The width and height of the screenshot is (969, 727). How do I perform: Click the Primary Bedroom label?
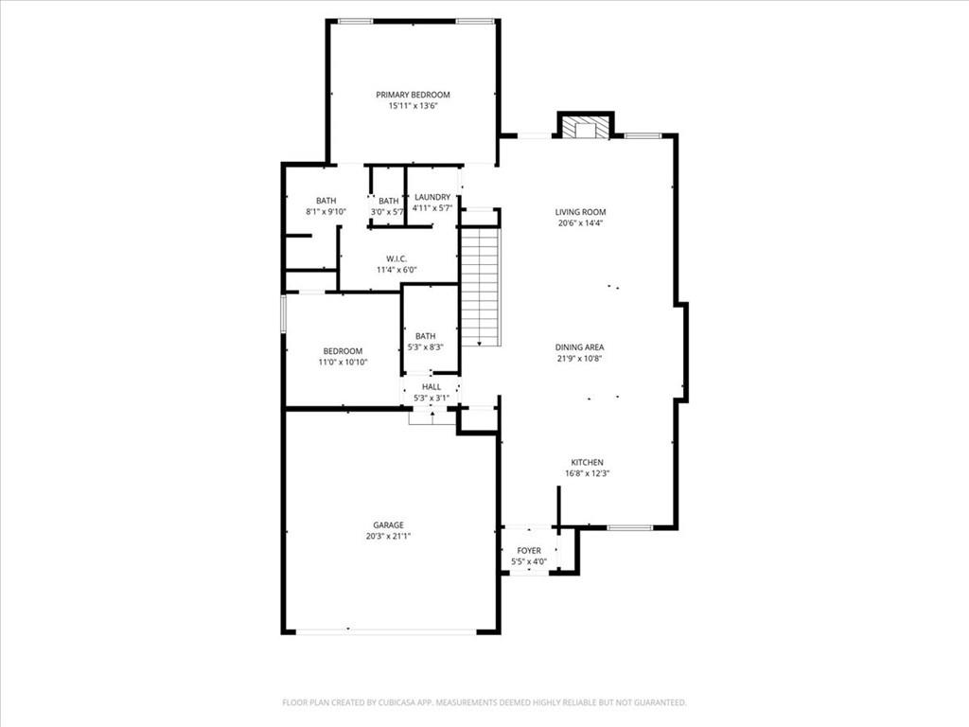[x=413, y=95]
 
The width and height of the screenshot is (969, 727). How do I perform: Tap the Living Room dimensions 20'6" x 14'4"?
[x=580, y=223]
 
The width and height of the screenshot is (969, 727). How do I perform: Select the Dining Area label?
[x=579, y=347]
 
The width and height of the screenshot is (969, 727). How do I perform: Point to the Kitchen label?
[x=587, y=462]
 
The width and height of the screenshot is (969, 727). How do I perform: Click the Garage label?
[x=388, y=525]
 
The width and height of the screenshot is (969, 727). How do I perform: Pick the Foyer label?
[x=529, y=551]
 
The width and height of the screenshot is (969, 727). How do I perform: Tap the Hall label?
[x=432, y=387]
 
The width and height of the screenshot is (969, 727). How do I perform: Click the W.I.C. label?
[x=396, y=258]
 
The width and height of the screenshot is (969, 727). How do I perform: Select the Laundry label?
[x=432, y=197]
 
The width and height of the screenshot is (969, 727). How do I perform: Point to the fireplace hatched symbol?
[x=585, y=128]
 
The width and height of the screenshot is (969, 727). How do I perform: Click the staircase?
[x=480, y=287]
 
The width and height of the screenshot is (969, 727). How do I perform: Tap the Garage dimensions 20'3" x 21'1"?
[x=388, y=537]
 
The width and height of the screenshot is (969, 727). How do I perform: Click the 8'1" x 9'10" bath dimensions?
[x=326, y=211]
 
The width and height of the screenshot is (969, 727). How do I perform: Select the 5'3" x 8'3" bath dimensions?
[x=425, y=347]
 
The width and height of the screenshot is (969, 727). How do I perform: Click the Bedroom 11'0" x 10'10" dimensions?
[x=343, y=363]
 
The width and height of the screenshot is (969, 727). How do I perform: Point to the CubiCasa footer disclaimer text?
[x=484, y=702]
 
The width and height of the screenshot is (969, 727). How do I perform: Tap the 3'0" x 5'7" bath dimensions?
[x=387, y=212]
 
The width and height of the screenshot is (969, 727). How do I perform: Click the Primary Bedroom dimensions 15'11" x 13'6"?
[x=413, y=106]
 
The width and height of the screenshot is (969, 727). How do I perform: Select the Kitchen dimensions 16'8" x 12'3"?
[x=587, y=473]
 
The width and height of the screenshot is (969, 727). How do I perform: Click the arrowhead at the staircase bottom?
[x=480, y=343]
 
